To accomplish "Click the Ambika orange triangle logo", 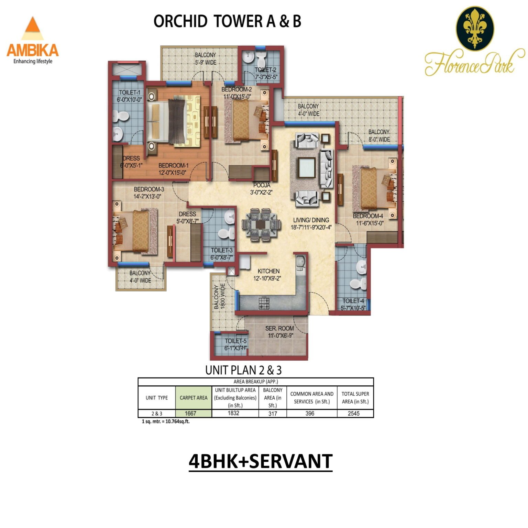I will pyautogui.click(x=33, y=29).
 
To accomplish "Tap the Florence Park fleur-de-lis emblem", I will pyautogui.click(x=475, y=27).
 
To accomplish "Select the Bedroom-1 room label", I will pyautogui.click(x=173, y=166).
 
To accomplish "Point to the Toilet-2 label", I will pyautogui.click(x=265, y=70).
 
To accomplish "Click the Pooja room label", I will pyautogui.click(x=262, y=185).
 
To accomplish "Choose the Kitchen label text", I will pyautogui.click(x=268, y=271).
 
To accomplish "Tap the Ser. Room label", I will pyautogui.click(x=279, y=328).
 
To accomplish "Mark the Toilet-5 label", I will pyautogui.click(x=235, y=341).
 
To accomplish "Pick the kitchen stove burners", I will pyautogui.click(x=264, y=303).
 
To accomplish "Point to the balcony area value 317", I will pyautogui.click(x=273, y=414).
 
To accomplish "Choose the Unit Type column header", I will pyautogui.click(x=156, y=398).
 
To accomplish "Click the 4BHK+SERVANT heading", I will pyautogui.click(x=261, y=461).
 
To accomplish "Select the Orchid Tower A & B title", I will pyautogui.click(x=227, y=21).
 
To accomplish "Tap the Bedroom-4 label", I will pyautogui.click(x=367, y=216).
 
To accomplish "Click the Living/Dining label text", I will pyautogui.click(x=311, y=220).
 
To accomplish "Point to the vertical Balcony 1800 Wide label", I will pyautogui.click(x=220, y=296).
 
